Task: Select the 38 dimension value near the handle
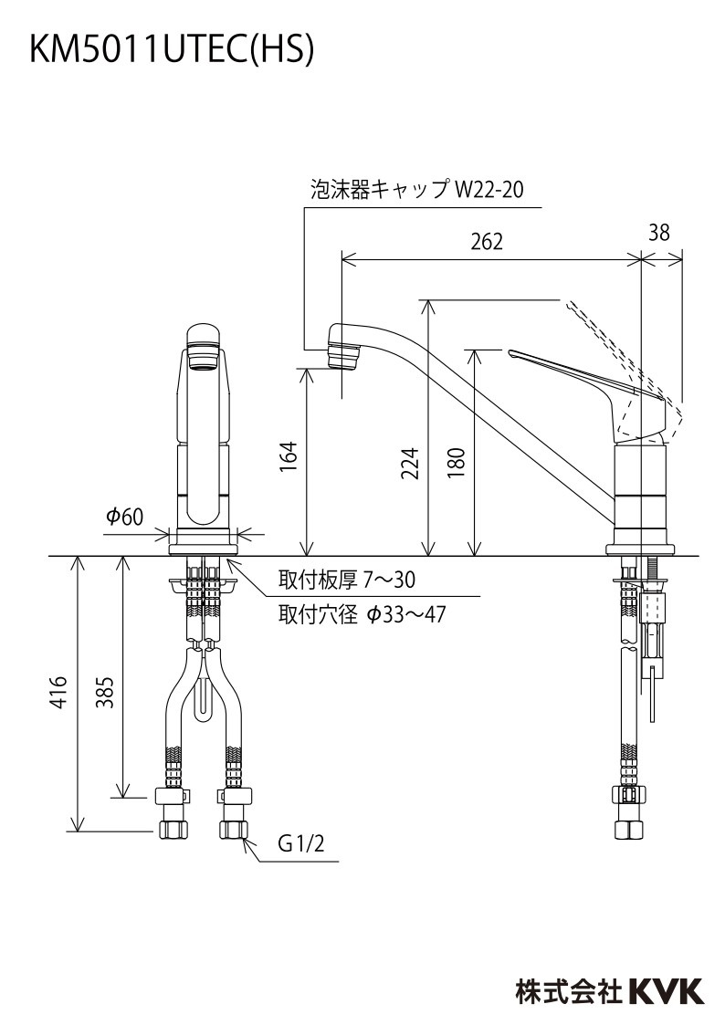click(x=659, y=233)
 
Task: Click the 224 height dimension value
click(x=410, y=465)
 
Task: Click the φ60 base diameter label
click(x=125, y=518)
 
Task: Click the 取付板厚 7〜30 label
click(x=347, y=580)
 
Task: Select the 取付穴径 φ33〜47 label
click(x=362, y=613)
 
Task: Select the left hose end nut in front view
click(x=173, y=829)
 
